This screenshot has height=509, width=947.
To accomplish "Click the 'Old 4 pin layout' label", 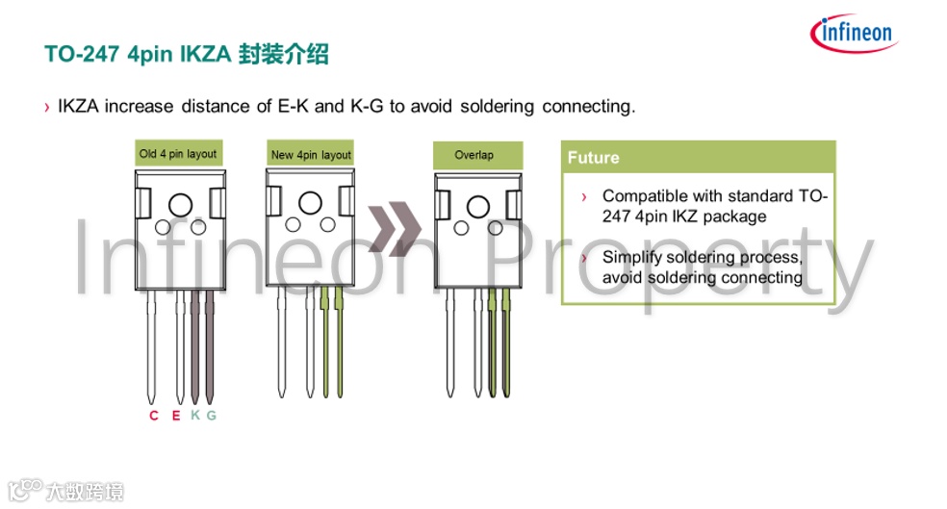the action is click(178, 154).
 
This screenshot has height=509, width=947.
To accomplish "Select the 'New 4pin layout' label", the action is click(311, 155).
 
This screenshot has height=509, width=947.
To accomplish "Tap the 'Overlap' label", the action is click(473, 155).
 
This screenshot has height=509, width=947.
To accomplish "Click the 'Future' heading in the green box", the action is click(593, 158).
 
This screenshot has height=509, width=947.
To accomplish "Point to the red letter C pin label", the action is click(153, 416).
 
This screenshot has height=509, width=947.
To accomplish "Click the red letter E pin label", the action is click(175, 416).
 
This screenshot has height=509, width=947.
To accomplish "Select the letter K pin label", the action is click(194, 416).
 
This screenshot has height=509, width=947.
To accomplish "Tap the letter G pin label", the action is click(211, 416).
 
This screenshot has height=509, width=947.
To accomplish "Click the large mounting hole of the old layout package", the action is click(180, 204).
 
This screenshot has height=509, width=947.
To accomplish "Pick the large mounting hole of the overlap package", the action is click(476, 206).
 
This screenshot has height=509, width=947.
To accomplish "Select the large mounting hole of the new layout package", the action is click(310, 203).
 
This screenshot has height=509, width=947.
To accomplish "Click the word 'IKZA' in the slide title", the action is click(207, 55).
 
